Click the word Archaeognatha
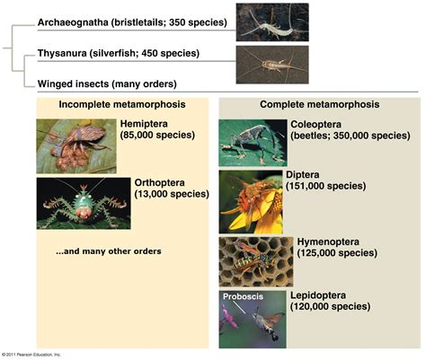(x=73, y=22)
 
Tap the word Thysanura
(x=62, y=53)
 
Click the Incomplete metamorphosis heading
(x=122, y=104)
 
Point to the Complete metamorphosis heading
(x=320, y=104)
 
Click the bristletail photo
(x=272, y=22)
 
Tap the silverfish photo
(x=272, y=65)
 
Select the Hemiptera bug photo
(x=76, y=146)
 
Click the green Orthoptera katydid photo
(x=84, y=204)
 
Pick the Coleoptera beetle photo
(x=253, y=143)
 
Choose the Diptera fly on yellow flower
(x=251, y=202)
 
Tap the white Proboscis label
(x=243, y=296)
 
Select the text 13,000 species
(x=172, y=194)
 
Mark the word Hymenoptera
(x=328, y=241)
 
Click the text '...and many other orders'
(x=109, y=251)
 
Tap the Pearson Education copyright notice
(x=31, y=355)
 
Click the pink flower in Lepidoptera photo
(x=228, y=317)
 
